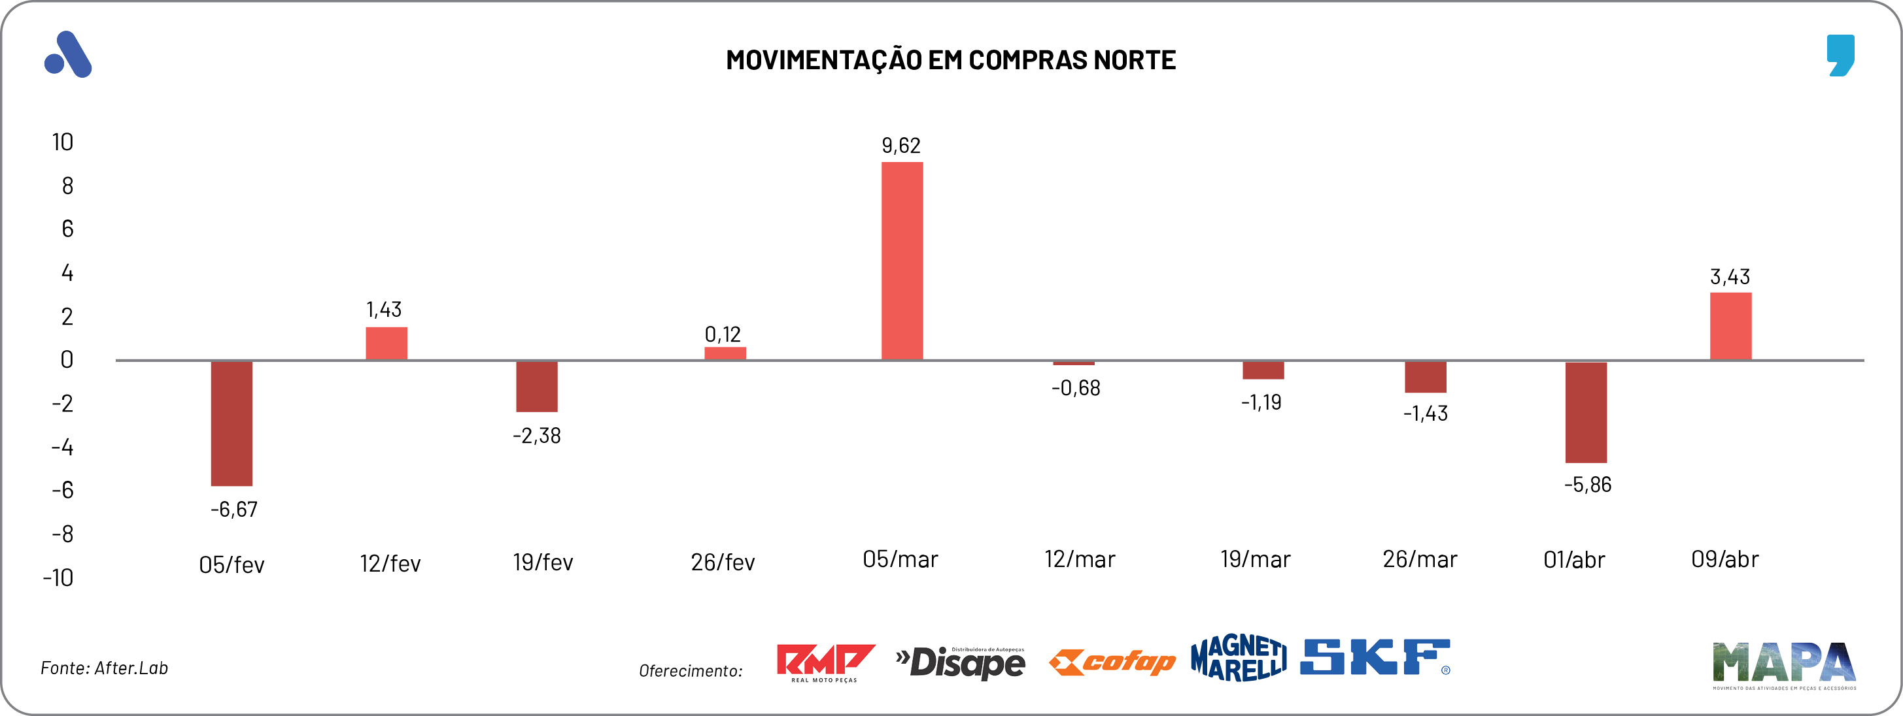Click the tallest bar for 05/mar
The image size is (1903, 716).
902,261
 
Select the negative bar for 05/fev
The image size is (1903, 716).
231,423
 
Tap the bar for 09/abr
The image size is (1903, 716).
1730,326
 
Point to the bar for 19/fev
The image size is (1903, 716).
536,386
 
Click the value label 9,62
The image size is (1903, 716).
901,146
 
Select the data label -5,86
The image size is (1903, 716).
1588,485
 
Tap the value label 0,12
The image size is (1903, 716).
723,334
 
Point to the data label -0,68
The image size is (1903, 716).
1076,388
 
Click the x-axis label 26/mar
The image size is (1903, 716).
1420,559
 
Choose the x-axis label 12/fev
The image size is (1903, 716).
390,564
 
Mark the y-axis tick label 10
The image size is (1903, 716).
63,142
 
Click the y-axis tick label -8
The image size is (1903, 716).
63,534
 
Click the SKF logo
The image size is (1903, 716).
1375,657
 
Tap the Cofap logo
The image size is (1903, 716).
1112,662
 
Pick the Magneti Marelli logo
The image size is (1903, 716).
1238,657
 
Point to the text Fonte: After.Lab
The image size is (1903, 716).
104,668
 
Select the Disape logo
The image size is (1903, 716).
961,662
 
